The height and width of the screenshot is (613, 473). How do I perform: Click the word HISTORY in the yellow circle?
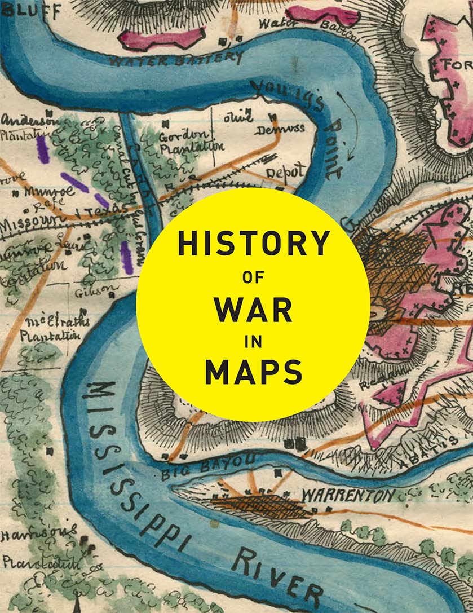pos(253,243)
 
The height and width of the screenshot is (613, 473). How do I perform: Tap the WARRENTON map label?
pos(348,496)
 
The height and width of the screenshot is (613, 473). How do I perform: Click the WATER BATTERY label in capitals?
pos(176,58)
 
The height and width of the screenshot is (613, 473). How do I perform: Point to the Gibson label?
pos(103,290)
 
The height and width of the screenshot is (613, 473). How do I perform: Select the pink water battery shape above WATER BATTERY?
pos(161,39)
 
